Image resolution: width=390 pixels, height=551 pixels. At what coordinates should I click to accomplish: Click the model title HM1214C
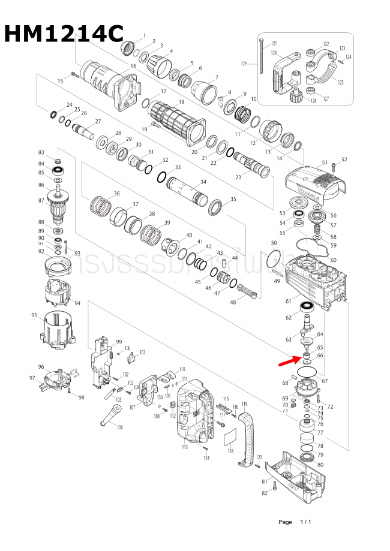point(64,34)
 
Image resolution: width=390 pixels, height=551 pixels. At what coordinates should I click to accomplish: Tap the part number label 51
point(325,162)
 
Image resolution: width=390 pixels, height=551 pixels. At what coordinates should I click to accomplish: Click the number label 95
point(34,315)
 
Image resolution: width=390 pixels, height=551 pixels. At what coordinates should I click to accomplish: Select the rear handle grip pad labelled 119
point(246,441)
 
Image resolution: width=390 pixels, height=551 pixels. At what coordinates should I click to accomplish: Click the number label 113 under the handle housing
point(185,446)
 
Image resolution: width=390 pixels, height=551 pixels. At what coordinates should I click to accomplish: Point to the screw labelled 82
point(274,487)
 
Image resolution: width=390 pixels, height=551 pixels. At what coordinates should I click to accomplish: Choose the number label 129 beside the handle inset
point(244,64)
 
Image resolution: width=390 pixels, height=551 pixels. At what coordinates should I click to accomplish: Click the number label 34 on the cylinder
point(203,182)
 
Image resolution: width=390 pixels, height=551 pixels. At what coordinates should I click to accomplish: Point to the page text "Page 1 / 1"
point(295,522)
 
